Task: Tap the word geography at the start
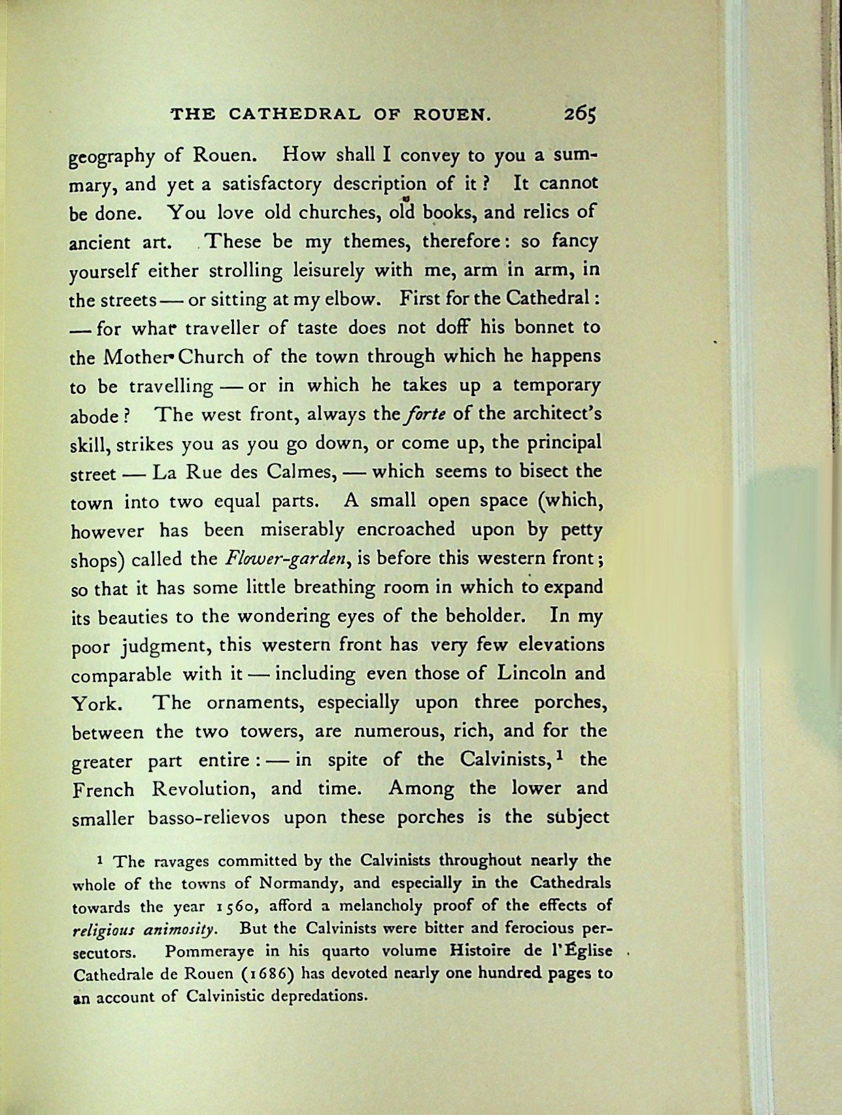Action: pyautogui.click(x=112, y=158)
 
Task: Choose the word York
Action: pyautogui.click(x=95, y=704)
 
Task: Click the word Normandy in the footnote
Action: pyautogui.click(x=299, y=884)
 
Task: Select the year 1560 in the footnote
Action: pyautogui.click(x=237, y=907)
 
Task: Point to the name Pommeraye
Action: pyautogui.click(x=212, y=951)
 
